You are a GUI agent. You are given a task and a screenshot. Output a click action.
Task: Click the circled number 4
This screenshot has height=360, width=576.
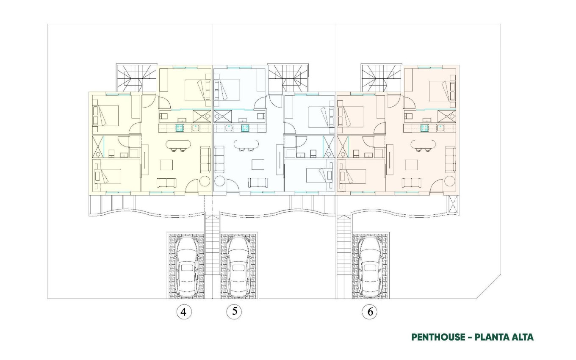point(183,312)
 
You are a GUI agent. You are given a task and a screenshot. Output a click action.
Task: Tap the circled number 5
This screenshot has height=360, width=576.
point(234,311)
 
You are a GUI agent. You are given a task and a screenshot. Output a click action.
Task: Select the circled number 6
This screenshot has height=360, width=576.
point(370,312)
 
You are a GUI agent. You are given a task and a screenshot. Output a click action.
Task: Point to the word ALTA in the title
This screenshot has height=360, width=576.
point(521,337)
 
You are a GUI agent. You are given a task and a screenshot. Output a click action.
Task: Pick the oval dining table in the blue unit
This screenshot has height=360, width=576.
point(246,144)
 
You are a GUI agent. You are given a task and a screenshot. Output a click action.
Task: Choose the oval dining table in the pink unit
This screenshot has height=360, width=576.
point(424,144)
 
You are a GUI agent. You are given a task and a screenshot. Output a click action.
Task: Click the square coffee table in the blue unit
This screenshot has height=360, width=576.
point(258,164)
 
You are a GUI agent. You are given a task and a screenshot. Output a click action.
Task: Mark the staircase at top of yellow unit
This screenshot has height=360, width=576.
point(135,77)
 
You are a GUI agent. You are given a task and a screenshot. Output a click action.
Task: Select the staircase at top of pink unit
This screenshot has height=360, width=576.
point(380,77)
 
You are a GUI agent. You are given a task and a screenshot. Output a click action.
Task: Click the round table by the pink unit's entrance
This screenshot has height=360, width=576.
point(450,182)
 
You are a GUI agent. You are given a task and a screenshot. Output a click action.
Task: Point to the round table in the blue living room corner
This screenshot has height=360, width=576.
point(220,182)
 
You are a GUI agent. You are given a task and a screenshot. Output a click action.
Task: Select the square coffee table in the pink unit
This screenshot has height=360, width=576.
point(412,164)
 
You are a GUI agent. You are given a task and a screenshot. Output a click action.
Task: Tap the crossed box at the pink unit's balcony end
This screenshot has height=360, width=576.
point(454,205)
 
